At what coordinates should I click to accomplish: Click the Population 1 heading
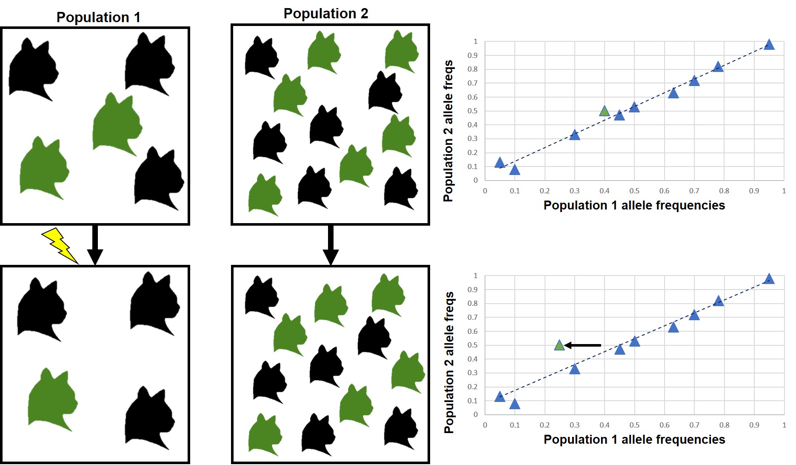click(x=98, y=17)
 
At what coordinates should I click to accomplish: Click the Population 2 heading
click(x=325, y=14)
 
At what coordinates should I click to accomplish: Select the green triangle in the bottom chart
click(x=559, y=346)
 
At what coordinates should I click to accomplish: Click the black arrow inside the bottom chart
click(x=583, y=345)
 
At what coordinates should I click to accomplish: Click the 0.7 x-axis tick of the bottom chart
click(x=694, y=425)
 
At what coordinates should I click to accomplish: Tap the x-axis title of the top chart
click(x=634, y=205)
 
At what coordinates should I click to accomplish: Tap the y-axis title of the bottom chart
click(x=449, y=362)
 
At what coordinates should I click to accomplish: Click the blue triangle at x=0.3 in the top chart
click(x=574, y=135)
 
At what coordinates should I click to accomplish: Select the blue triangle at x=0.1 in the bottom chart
click(x=514, y=404)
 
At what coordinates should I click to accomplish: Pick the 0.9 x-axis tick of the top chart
click(x=754, y=191)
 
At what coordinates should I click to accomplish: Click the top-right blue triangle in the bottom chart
click(x=768, y=279)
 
